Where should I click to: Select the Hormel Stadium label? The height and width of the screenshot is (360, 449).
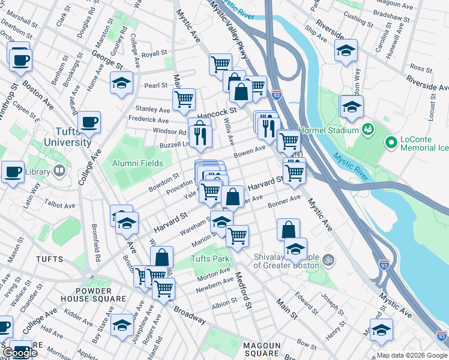tap(330, 127)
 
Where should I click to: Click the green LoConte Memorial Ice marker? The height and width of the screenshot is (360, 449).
tap(391, 142)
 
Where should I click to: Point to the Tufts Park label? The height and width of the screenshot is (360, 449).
tap(210, 259)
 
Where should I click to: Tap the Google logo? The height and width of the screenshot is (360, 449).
tap(20, 353)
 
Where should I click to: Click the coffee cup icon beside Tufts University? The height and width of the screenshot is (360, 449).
tap(89, 122)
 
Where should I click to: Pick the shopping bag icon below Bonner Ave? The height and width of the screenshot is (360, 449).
tap(289, 229)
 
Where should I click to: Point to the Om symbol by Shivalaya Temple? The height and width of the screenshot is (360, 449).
tap(328, 260)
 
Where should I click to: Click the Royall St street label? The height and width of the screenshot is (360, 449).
tap(154, 54)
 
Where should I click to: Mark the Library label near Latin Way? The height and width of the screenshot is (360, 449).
tap(38, 172)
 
